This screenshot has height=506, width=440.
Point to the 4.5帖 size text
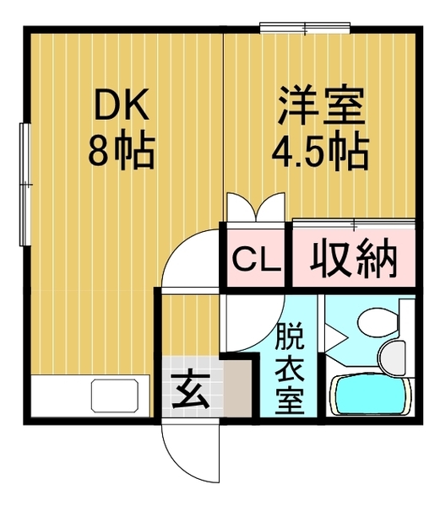[319, 153]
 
